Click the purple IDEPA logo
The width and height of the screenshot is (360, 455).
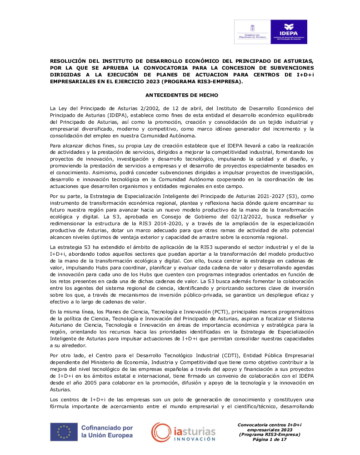(290, 32)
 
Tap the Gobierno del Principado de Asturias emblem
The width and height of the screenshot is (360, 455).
(252, 32)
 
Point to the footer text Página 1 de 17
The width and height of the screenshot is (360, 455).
(270, 440)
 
